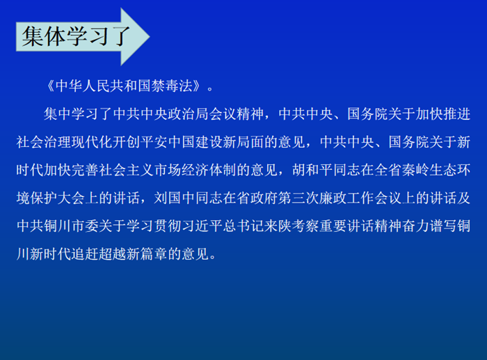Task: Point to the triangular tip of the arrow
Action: click(150, 36)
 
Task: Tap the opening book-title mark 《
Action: click(50, 86)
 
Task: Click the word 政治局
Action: click(189, 114)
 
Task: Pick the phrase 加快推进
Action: click(443, 114)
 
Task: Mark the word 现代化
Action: click(92, 142)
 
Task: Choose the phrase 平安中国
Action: click(168, 142)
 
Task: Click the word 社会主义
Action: click(127, 170)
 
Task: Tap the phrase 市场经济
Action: click(182, 170)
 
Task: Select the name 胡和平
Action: click(312, 170)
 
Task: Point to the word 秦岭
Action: click(415, 170)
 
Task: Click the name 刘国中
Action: click(175, 198)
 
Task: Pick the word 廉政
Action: click(333, 198)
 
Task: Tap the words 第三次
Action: click(298, 198)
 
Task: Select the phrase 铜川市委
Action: click(72, 226)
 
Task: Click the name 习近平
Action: click(202, 226)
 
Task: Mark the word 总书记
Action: click(243, 226)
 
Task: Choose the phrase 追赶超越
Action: click(99, 254)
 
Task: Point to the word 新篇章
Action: click(147, 254)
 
